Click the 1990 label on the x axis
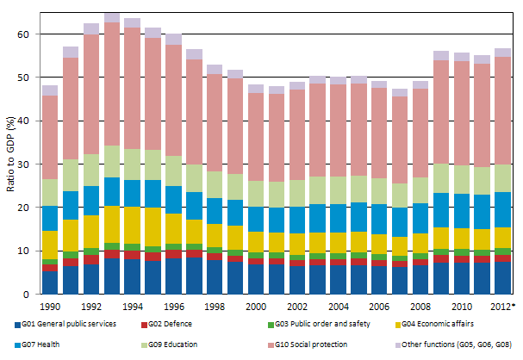[x=50, y=307]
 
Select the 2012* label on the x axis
[x=503, y=307]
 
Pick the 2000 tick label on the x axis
[x=256, y=307]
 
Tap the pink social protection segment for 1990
[x=50, y=138]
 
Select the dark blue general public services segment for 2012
[x=502, y=278]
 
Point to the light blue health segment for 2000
[x=256, y=219]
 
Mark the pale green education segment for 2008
[x=420, y=190]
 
